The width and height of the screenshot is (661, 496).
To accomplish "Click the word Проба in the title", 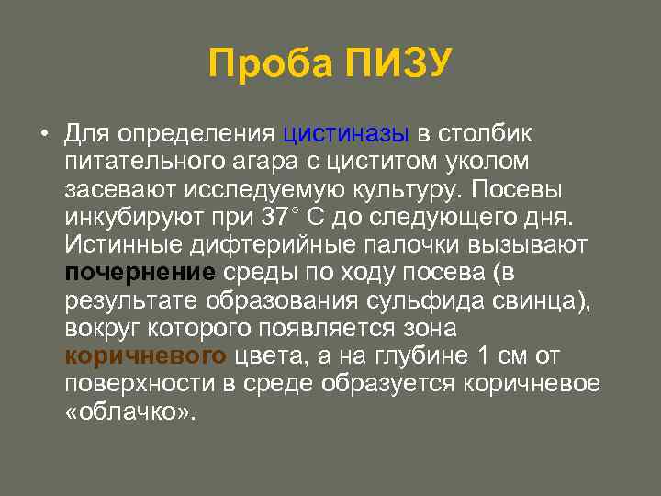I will pyautogui.click(x=267, y=64).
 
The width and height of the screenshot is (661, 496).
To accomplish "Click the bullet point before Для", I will pyautogui.click(x=43, y=134).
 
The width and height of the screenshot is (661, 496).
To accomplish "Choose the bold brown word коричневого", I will pyautogui.click(x=146, y=356).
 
